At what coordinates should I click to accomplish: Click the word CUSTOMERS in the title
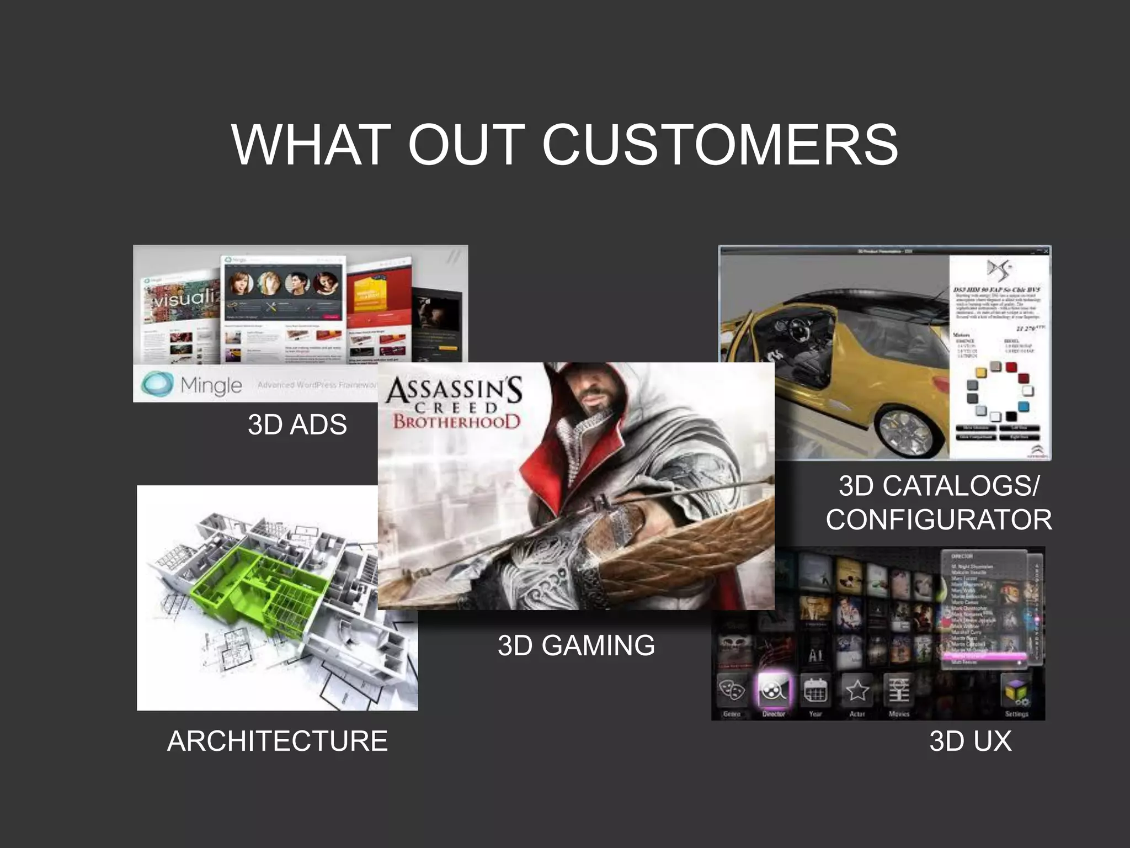coord(720,145)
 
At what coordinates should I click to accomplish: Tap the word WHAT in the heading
coord(311,145)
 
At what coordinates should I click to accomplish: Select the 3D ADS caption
coord(297,425)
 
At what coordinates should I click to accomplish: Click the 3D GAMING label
coord(576,645)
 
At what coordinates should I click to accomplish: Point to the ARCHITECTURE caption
coord(278,740)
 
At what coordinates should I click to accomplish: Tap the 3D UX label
coord(971,740)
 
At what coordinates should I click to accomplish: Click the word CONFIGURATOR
coord(939,520)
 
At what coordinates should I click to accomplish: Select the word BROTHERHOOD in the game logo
coord(456,422)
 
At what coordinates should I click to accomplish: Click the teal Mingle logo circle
coord(157,384)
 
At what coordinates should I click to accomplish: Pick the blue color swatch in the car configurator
coord(1024,407)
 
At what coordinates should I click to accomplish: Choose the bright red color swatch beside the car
coord(1011,368)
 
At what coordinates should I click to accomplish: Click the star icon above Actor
coord(857,690)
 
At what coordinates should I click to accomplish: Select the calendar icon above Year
coord(815,690)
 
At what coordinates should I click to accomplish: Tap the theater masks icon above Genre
coord(732,690)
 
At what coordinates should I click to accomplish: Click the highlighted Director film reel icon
coord(773,690)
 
